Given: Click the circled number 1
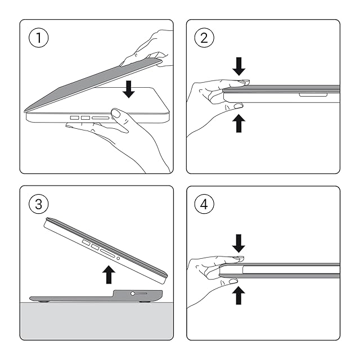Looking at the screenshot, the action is tap(39, 38).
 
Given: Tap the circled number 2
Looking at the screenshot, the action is tap(204, 38).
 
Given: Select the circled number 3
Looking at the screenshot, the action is tap(39, 204).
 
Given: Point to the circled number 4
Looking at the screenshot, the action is tap(204, 204).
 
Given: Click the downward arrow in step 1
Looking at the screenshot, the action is tap(129, 89).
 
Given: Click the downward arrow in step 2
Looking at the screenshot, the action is tap(238, 66).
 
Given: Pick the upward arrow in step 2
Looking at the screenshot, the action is tap(238, 123).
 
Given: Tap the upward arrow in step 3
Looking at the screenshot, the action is tap(109, 274).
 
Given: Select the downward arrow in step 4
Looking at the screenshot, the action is tap(238, 244).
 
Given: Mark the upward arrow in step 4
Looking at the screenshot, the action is tap(238, 295).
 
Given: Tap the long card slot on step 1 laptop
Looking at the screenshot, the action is tap(101, 118).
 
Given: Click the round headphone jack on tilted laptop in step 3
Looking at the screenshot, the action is tap(118, 258).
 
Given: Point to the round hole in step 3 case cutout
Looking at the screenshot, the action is tap(133, 294).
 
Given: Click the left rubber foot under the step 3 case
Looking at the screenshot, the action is tap(43, 301).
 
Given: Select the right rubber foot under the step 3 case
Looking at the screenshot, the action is tap(145, 301).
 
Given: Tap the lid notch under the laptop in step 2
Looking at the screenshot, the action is tap(313, 94).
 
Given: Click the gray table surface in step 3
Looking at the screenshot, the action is tap(96, 321).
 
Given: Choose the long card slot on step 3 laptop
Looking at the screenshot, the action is tap(107, 254).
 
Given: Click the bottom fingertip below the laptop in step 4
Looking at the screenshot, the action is tap(233, 281).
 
